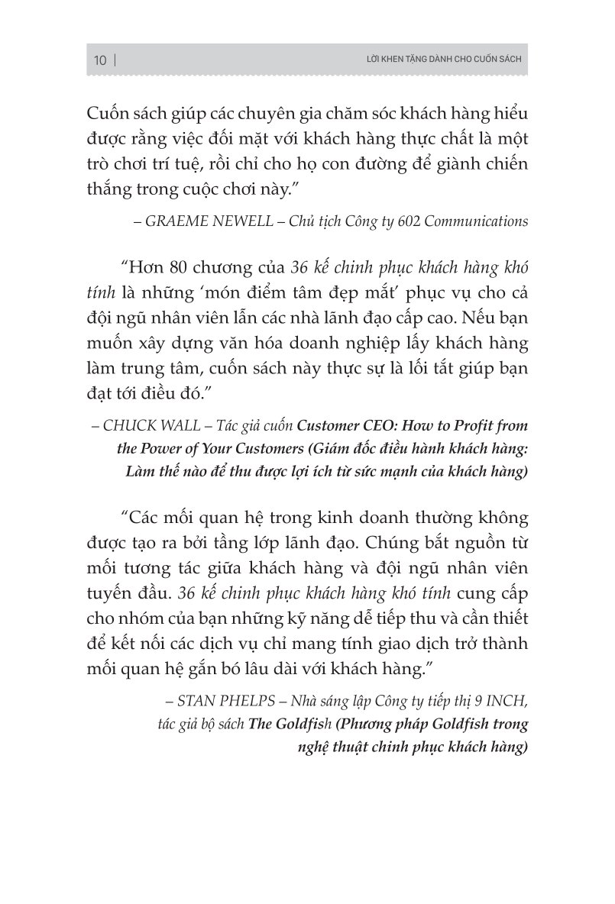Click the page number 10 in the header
[x=100, y=61]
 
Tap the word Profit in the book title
[x=469, y=425]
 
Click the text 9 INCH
[x=503, y=699]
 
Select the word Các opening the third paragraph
[x=151, y=518]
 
